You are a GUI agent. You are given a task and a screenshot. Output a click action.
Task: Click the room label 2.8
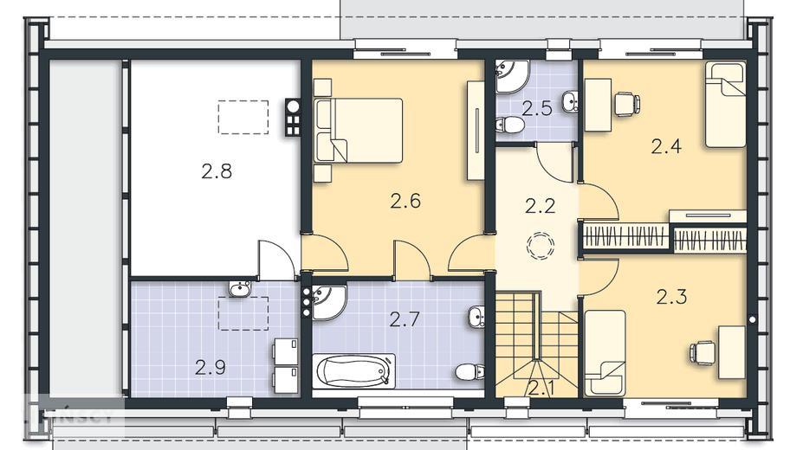click(x=217, y=171)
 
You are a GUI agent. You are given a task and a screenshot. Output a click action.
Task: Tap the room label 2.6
click(x=405, y=202)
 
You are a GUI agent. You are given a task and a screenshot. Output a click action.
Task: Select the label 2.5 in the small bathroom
click(x=537, y=108)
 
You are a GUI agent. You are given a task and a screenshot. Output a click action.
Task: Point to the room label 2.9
click(x=210, y=367)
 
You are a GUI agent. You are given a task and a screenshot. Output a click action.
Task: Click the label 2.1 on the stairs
click(x=541, y=387)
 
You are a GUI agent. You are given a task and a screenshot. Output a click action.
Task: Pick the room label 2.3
click(x=671, y=298)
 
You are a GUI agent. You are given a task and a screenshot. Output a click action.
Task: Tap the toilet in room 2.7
click(x=468, y=372)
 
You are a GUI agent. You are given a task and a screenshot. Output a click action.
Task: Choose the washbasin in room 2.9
click(x=240, y=288)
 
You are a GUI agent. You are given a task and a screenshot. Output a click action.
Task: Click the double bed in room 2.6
click(x=359, y=130)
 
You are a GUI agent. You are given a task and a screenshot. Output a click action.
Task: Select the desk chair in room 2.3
click(x=702, y=351)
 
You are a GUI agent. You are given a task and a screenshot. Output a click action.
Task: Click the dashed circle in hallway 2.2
click(x=541, y=246)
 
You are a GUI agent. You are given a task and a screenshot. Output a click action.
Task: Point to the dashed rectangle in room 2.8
click(x=243, y=117)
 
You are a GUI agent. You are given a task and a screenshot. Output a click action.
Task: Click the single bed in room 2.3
click(x=605, y=353)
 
